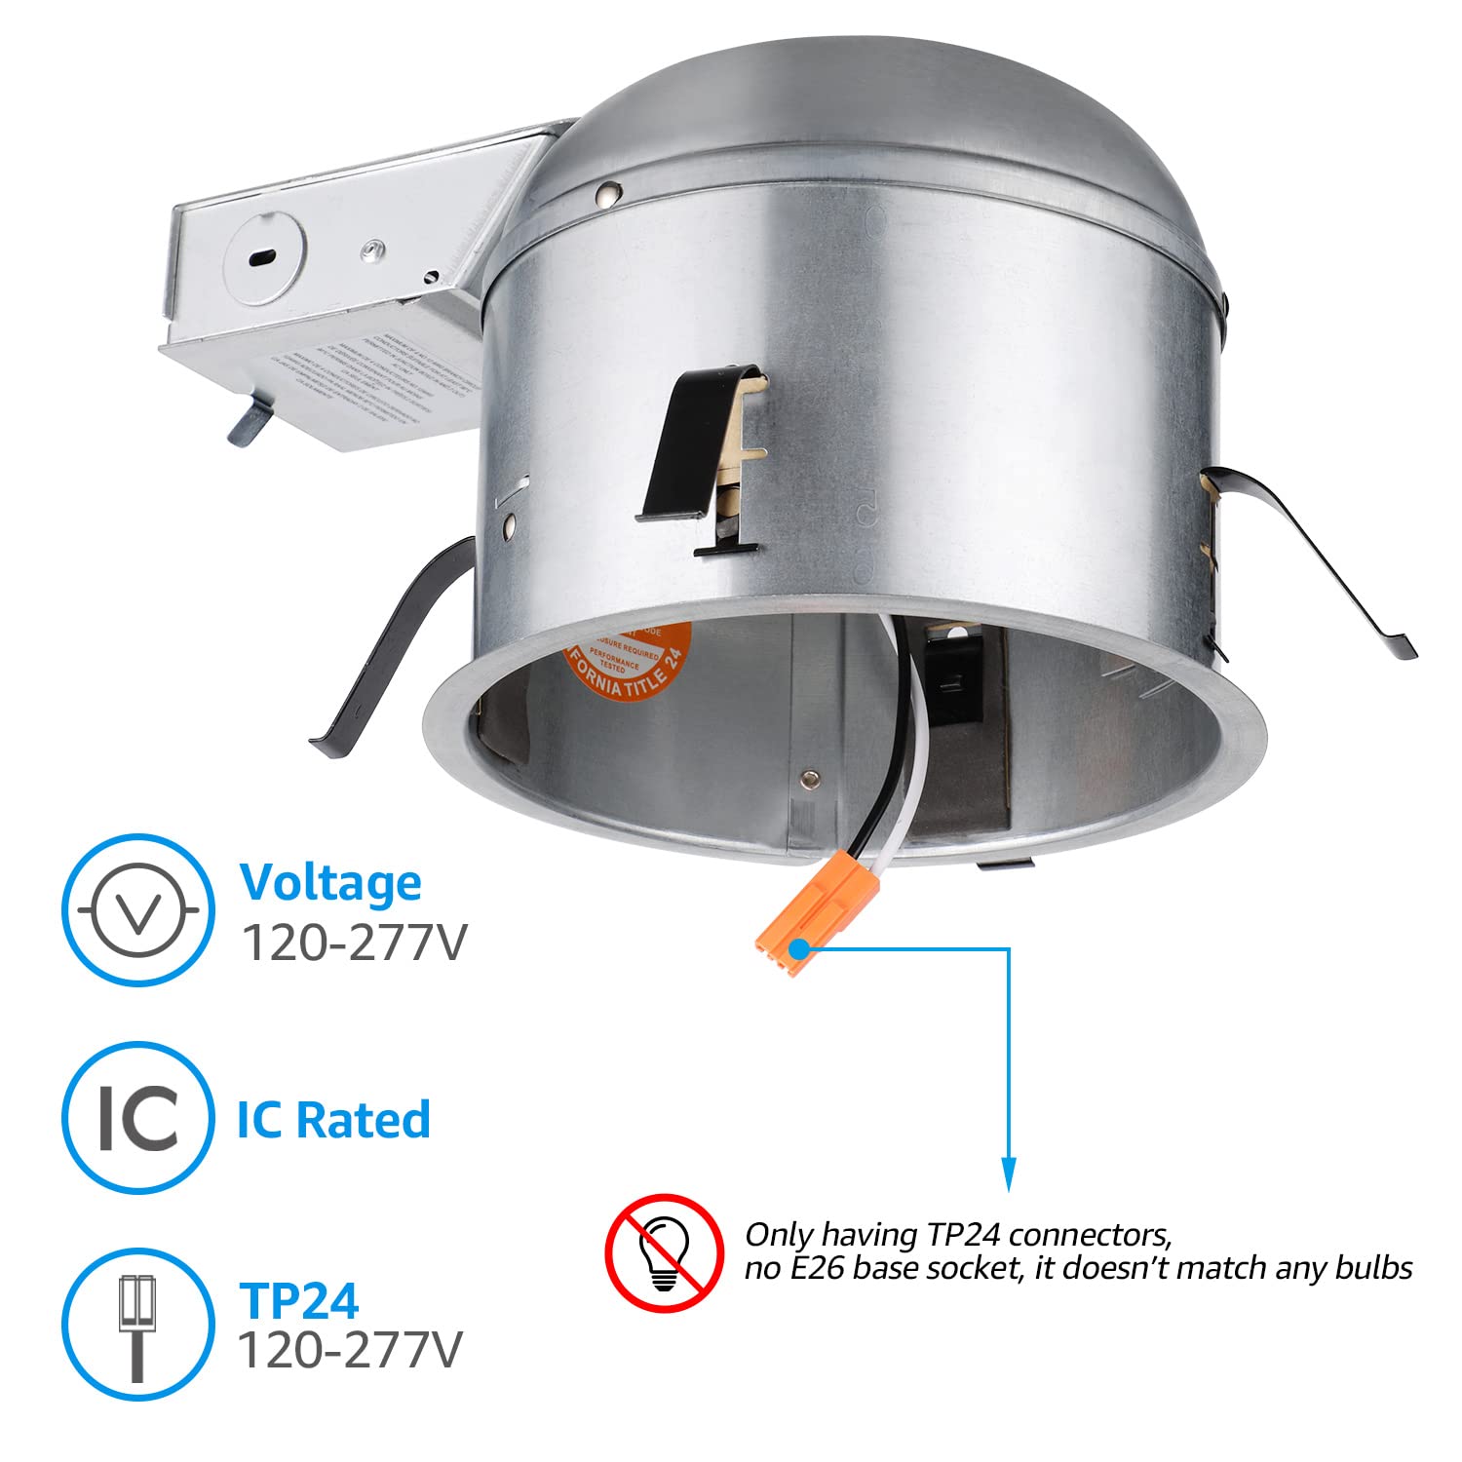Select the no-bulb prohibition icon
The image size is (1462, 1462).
[x=664, y=1251]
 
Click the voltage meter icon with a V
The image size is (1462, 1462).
[x=137, y=909]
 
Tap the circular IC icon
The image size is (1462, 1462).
[x=137, y=1117]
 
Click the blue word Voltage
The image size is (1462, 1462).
[x=330, y=882]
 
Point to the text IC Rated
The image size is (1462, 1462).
[x=333, y=1119]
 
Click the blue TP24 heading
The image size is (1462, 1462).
[x=299, y=1300]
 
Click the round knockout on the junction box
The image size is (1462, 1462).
[x=264, y=258]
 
